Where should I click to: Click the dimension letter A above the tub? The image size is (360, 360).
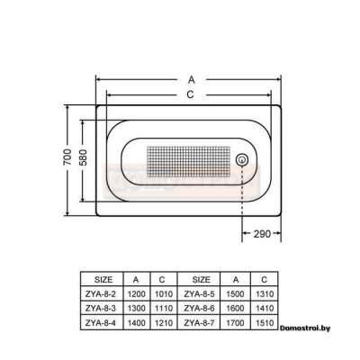(x=192, y=80)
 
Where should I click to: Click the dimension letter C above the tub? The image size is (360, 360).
(x=190, y=94)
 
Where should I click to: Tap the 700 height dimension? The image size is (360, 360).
(x=67, y=157)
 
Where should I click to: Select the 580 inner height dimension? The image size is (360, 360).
(x=83, y=157)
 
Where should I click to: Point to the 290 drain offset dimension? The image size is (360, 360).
(x=262, y=234)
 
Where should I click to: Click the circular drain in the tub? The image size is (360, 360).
(x=242, y=159)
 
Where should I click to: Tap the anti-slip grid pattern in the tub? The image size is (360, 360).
(x=189, y=161)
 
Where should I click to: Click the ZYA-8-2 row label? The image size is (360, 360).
(x=100, y=294)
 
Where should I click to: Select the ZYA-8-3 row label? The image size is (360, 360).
(x=100, y=308)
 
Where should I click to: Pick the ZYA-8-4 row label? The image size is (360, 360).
(x=100, y=323)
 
